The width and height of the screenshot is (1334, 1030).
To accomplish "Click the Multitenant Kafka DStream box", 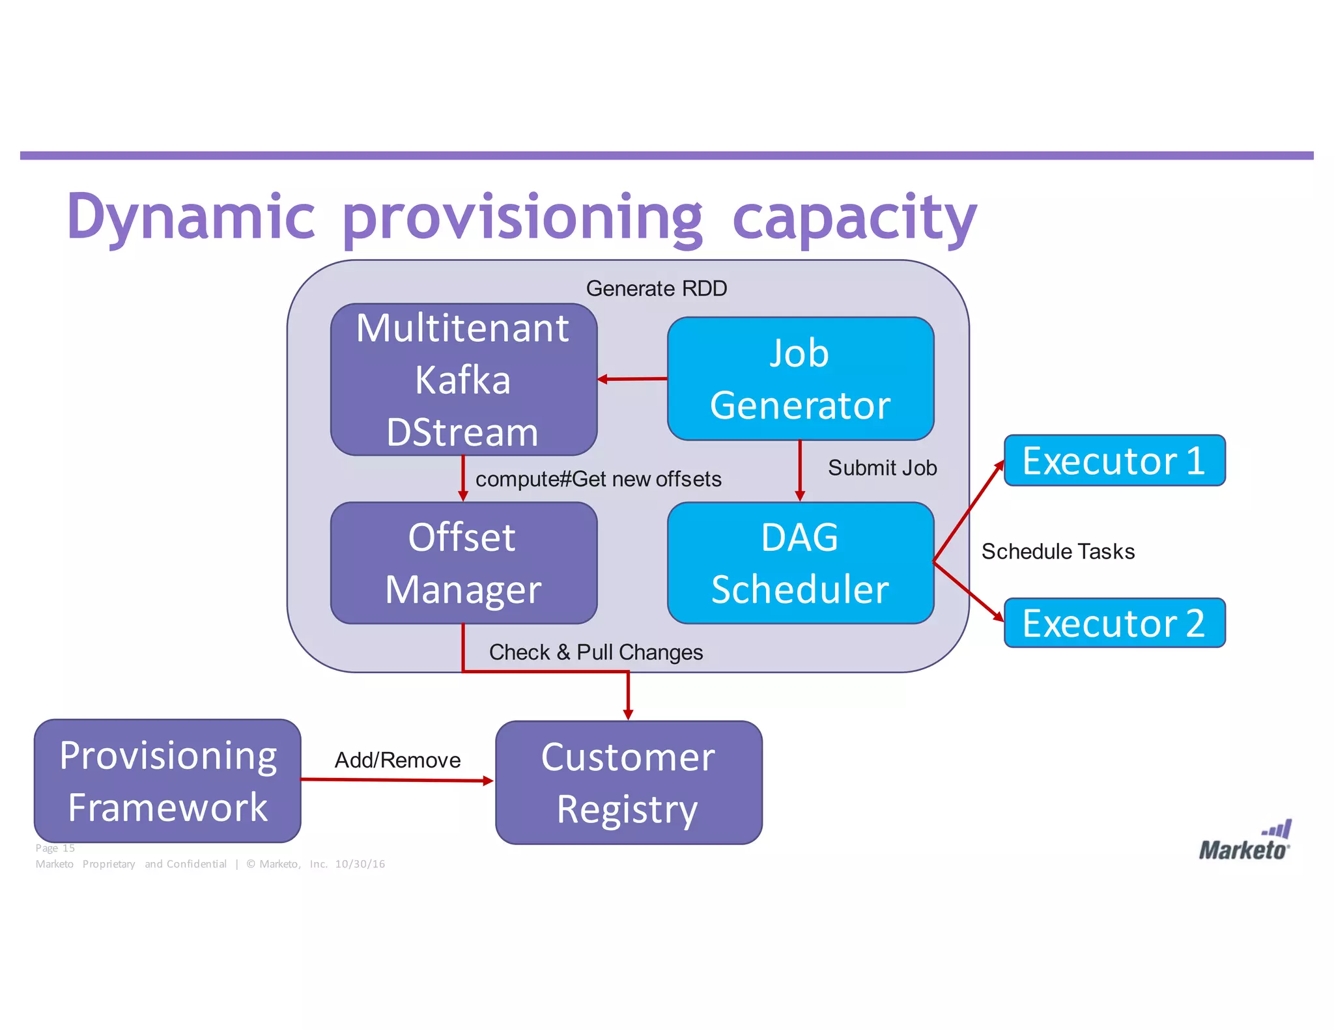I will tap(463, 380).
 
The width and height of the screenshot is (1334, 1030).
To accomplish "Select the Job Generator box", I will tap(800, 379).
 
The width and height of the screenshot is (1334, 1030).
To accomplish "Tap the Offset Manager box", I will tap(463, 563).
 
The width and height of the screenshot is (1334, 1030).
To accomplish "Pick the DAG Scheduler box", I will tap(800, 563).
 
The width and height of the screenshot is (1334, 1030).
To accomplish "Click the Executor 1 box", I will tap(1114, 460).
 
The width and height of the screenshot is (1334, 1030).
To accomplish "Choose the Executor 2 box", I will tap(1114, 623).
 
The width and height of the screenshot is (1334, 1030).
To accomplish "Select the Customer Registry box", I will tap(628, 783).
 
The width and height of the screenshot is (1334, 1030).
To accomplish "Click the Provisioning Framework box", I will tap(167, 781).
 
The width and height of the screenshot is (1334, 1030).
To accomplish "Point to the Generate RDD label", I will tap(656, 288).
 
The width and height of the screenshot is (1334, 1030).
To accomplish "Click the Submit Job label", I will tap(882, 467).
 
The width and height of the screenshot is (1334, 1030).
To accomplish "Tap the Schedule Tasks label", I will tap(1058, 551).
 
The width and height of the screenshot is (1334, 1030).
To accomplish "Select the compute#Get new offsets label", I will tap(598, 479).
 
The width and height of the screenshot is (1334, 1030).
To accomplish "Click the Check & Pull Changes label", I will tap(595, 652).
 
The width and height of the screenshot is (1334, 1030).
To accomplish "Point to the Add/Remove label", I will tap(397, 760).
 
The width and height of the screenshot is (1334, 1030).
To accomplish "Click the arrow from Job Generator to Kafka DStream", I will tap(632, 379).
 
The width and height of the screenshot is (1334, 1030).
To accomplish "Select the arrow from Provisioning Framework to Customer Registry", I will tap(397, 779).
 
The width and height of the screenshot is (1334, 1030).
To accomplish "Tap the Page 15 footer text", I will tap(55, 848).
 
